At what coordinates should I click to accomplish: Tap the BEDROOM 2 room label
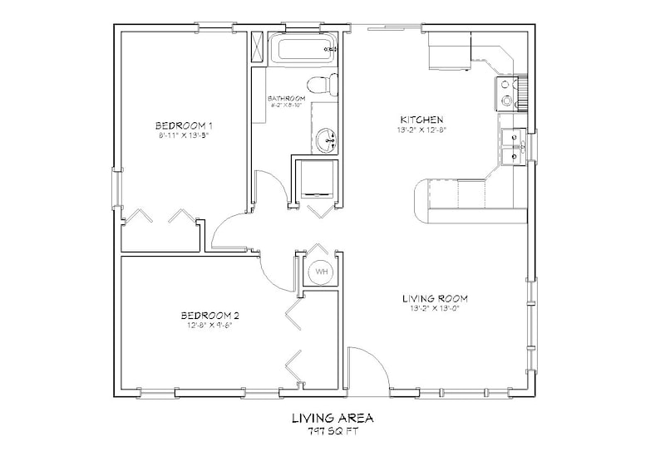pos(210,315)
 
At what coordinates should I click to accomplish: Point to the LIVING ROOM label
pos(434,297)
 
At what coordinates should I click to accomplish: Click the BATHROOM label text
pos(287,98)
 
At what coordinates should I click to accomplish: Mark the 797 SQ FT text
pos(330,432)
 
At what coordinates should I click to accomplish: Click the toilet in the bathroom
pos(321,85)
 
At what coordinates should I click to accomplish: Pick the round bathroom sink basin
pos(328,140)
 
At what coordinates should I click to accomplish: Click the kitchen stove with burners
pos(508,94)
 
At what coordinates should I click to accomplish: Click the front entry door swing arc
pos(367,367)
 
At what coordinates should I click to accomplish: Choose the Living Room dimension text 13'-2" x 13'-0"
pos(434,308)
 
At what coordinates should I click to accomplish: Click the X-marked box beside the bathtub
pos(258,47)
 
